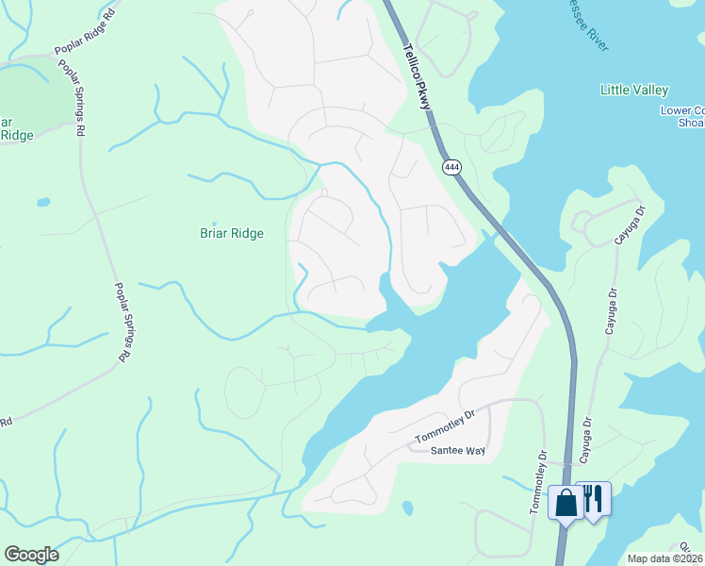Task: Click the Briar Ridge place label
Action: [231, 233]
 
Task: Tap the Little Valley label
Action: [634, 90]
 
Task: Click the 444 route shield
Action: [451, 167]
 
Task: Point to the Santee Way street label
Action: [458, 451]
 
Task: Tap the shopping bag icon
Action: [566, 503]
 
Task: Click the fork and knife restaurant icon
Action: [593, 498]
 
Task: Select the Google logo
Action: [31, 554]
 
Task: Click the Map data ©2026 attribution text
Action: [665, 558]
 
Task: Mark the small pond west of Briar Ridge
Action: [43, 202]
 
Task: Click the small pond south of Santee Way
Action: [406, 508]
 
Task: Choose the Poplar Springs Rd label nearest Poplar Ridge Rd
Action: [71, 99]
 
